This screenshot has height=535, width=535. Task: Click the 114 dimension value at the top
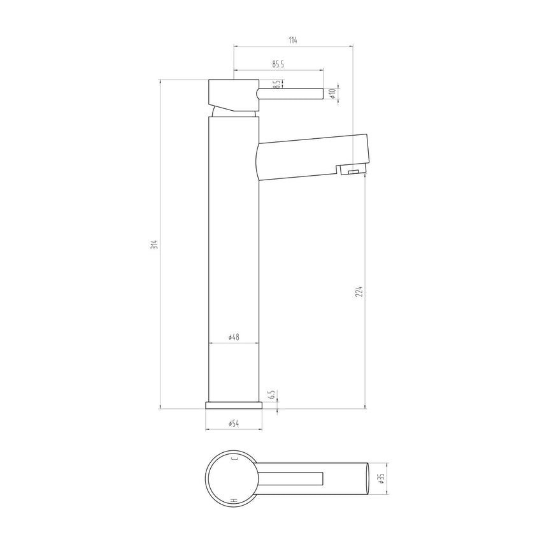click(292, 40)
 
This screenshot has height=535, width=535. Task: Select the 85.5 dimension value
click(278, 64)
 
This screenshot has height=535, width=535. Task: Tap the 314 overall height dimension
click(153, 244)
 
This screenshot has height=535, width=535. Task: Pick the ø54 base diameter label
click(233, 424)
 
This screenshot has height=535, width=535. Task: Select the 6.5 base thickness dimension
click(271, 395)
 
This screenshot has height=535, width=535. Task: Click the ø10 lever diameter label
click(332, 93)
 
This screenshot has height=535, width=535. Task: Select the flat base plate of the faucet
click(234, 405)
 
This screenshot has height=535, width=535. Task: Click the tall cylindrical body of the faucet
click(234, 255)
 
